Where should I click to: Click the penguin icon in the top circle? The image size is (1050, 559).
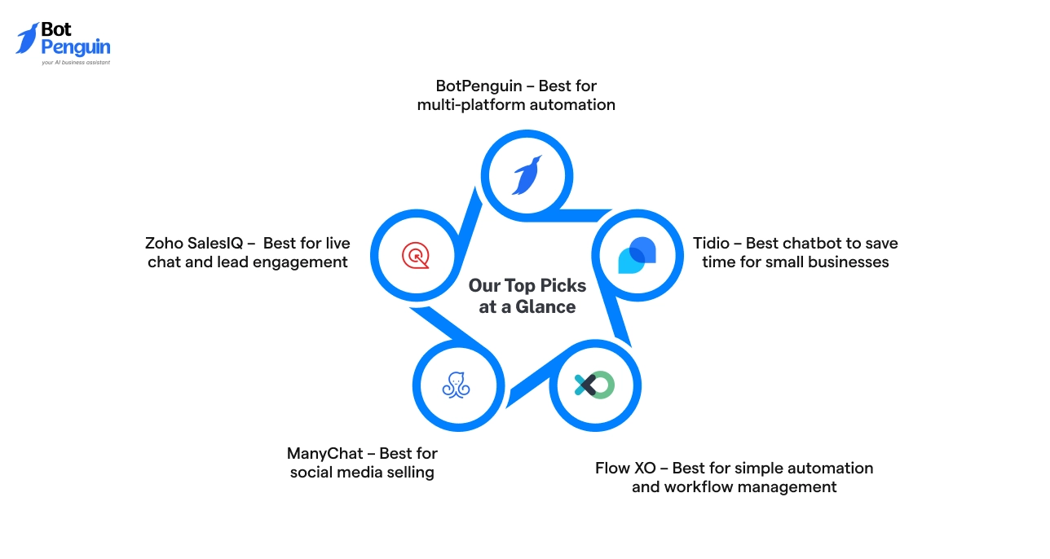[x=527, y=175]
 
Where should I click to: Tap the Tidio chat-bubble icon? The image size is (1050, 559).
[x=637, y=255]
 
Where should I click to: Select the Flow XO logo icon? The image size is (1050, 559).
[x=594, y=385]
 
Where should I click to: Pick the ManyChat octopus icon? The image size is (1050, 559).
[x=457, y=385]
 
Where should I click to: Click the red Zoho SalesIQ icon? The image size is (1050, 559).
[x=416, y=255]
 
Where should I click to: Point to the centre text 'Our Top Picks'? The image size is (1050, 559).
[x=527, y=286]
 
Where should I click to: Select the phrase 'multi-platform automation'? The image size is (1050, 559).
[x=516, y=104]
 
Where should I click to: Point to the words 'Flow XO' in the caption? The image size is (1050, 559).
[x=624, y=468]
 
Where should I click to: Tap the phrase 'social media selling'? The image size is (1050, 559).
[x=362, y=472]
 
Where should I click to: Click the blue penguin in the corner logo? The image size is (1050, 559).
[x=27, y=38]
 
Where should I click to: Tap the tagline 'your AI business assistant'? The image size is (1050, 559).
[x=75, y=62]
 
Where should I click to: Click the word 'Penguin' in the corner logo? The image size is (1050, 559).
[x=75, y=47]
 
